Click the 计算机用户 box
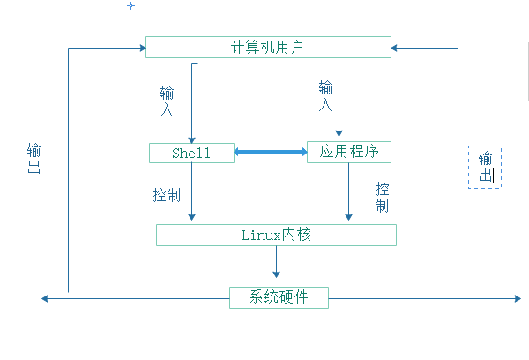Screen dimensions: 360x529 tap(270, 46)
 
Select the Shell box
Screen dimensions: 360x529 tap(191, 153)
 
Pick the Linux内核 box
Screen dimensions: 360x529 tap(276, 235)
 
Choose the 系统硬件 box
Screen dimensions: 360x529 tap(279, 297)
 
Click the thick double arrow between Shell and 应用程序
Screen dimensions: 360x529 tap(270, 153)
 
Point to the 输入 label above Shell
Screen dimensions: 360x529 tap(168, 101)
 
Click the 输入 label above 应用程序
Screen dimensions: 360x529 tap(326, 95)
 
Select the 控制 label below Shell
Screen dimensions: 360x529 tap(167, 194)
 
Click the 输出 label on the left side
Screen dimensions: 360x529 tap(34, 158)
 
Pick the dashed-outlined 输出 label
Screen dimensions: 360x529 tap(485, 167)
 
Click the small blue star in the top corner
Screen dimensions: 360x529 tap(131, 6)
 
